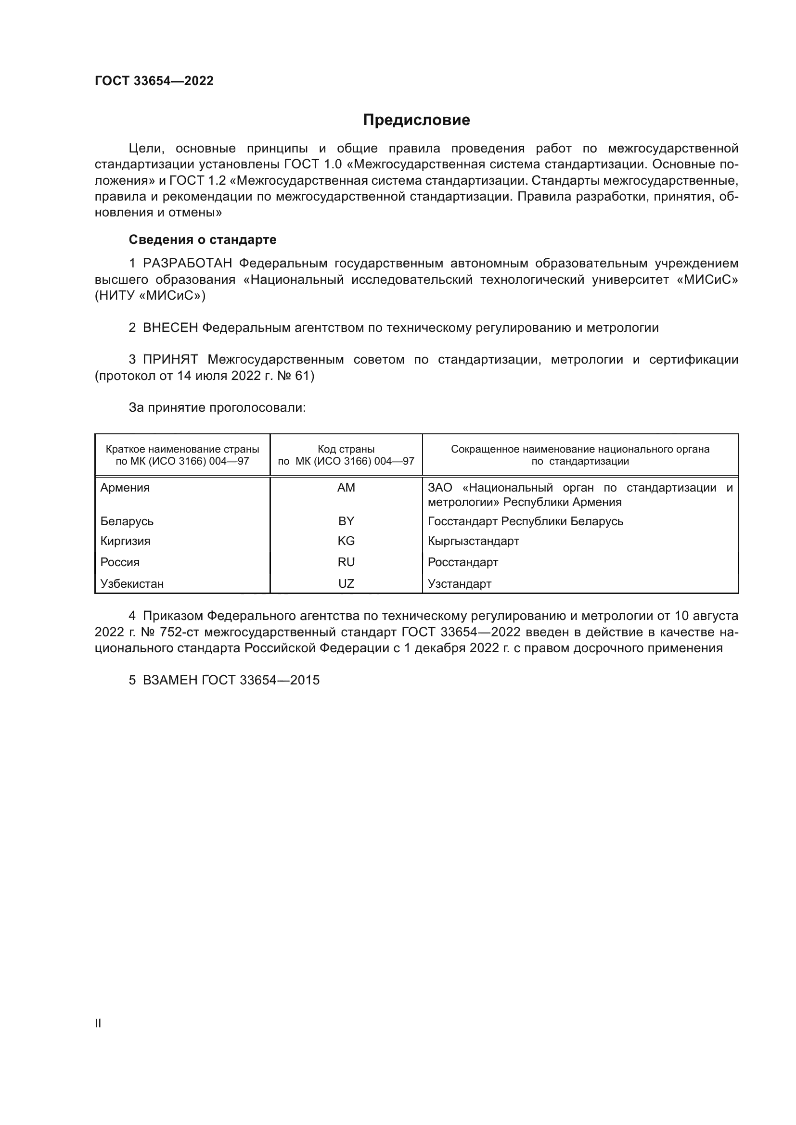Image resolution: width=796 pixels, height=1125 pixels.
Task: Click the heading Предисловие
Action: coord(416,120)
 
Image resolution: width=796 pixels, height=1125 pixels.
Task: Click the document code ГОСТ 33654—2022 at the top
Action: coord(154,81)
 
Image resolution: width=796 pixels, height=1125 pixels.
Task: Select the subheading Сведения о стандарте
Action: coord(203,240)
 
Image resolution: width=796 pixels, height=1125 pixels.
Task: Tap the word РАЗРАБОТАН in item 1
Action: coord(187,264)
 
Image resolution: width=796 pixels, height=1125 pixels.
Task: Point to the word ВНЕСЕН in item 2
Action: coord(170,328)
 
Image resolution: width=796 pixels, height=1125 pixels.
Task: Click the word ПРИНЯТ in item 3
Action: coord(170,360)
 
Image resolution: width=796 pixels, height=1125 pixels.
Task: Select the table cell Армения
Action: coord(125,488)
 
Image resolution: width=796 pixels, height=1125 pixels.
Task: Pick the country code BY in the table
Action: coord(346,521)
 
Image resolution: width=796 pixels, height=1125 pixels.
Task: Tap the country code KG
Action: coord(346,541)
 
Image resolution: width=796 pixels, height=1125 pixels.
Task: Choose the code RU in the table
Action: coord(346,562)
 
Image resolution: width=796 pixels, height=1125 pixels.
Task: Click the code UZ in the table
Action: coord(346,583)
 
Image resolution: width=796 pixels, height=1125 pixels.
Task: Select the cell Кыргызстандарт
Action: coord(473,541)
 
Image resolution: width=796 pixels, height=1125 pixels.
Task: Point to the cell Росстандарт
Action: coord(462,562)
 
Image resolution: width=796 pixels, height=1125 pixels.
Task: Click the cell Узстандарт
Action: coord(459,583)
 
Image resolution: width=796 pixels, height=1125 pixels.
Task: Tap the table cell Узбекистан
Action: coord(132,583)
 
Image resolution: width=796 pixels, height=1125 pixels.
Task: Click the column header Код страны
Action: coord(346,449)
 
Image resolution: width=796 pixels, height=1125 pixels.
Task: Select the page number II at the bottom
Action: coord(98,1023)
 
